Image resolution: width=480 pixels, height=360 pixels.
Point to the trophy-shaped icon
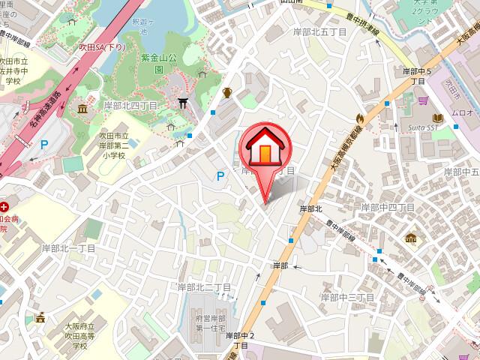[226, 93]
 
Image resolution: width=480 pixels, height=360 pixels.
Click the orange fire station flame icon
[359, 118]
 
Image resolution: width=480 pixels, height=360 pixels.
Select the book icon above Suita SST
[437, 118]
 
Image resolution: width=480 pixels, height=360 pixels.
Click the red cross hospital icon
[5, 205]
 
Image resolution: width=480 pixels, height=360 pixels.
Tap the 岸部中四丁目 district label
[388, 206]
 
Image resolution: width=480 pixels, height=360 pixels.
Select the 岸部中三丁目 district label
[351, 298]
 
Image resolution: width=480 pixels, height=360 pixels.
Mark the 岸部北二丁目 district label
[203, 287]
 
